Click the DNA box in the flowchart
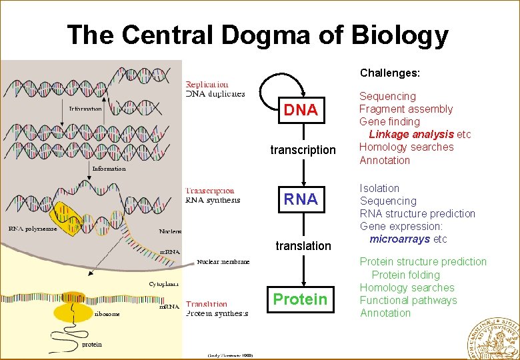pos(301,110)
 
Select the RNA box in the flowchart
pos(301,199)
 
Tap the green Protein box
pos(301,299)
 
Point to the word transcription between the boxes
pos(303,150)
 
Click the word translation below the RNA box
pos(303,246)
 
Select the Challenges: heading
pos(389,72)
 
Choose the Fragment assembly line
pos(406,109)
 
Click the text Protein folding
pos(405,275)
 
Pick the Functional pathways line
pos(408,300)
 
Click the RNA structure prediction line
pos(417,214)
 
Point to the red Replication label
pos(207,85)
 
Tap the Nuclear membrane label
pos(223,262)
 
